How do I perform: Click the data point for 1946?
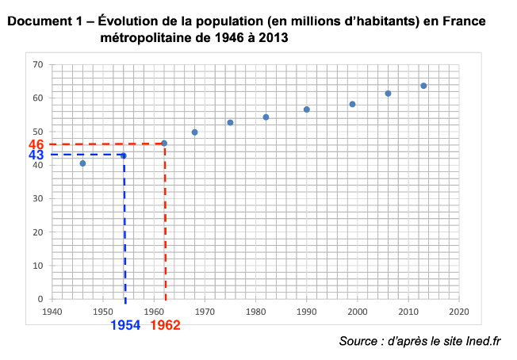(82, 163)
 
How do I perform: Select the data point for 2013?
(423, 86)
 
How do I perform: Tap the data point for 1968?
(194, 132)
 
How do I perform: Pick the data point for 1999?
(352, 105)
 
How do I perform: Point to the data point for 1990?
(306, 109)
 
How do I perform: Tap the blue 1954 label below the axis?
(126, 325)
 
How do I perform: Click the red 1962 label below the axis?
(165, 325)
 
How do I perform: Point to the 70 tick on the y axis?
(38, 64)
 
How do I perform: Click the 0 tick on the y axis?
(40, 299)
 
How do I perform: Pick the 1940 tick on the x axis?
(52, 312)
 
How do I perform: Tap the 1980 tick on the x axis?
(255, 312)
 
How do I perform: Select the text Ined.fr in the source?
(484, 342)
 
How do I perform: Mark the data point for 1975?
(230, 123)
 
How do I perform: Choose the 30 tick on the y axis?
(38, 199)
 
